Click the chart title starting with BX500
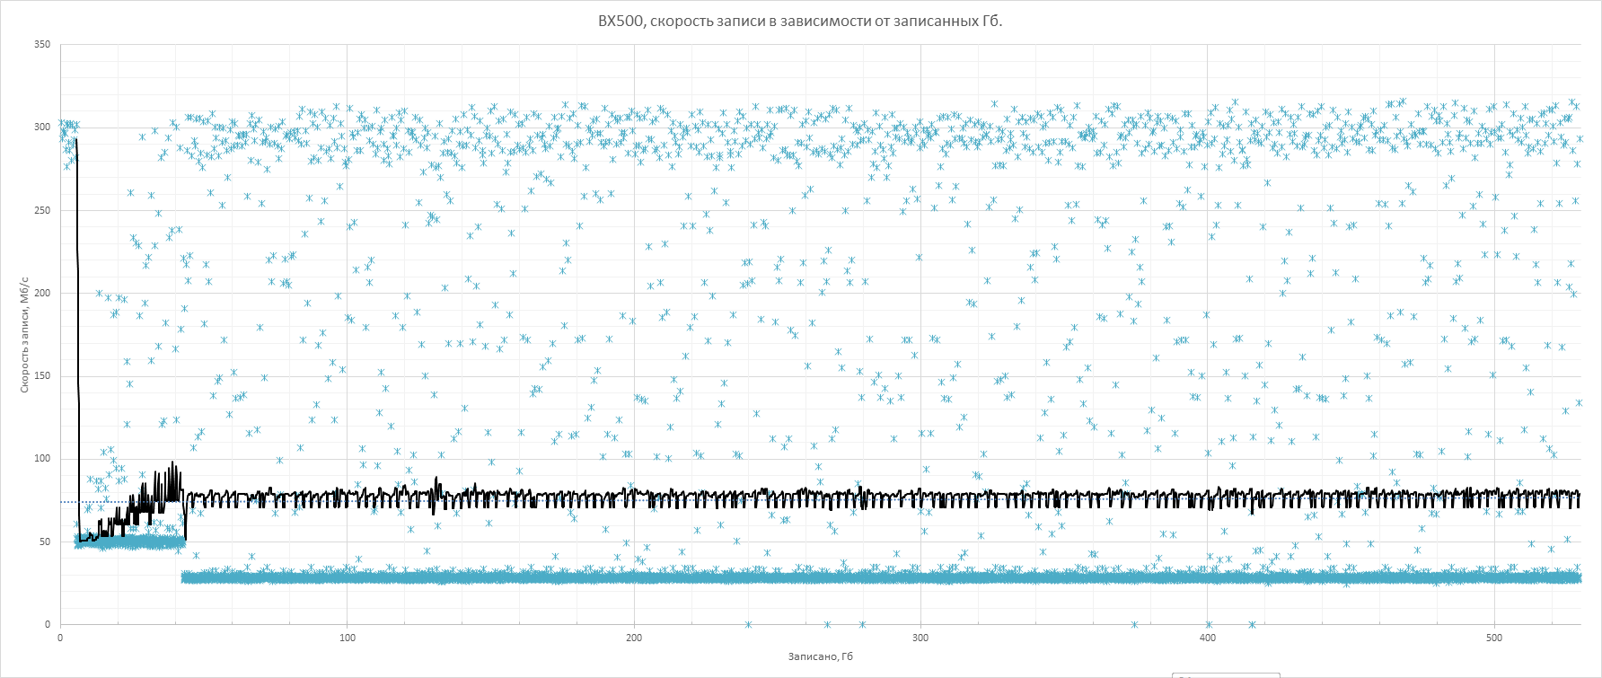click(x=800, y=21)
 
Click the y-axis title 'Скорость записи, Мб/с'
click(x=25, y=335)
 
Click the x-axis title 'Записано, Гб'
click(x=820, y=656)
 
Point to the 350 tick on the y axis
click(x=42, y=44)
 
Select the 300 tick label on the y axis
click(x=42, y=128)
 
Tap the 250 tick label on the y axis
click(x=42, y=210)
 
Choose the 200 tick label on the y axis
click(x=42, y=293)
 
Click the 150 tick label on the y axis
click(x=42, y=376)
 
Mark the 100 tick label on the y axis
click(x=42, y=459)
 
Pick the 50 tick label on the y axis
click(x=45, y=542)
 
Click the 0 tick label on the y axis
click(x=48, y=624)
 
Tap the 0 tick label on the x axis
click(x=60, y=638)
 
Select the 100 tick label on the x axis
click(x=348, y=638)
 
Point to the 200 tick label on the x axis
click(x=634, y=638)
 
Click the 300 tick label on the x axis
click(x=920, y=638)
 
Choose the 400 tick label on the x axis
click(x=1208, y=638)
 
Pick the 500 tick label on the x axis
click(x=1494, y=638)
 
